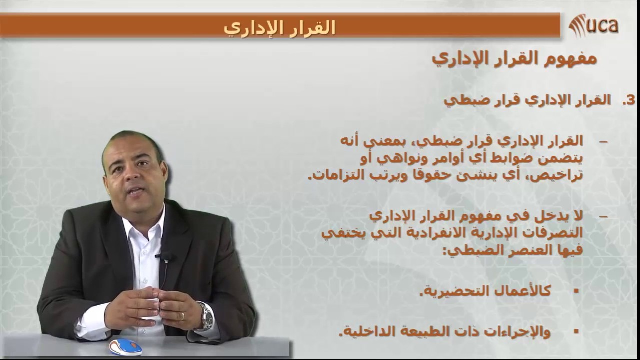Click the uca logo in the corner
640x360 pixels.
594,25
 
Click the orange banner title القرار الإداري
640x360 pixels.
279,27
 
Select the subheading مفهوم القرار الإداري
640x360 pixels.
514,59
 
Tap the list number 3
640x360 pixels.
628,100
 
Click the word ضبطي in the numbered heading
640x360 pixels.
457,100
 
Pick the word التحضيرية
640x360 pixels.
450,291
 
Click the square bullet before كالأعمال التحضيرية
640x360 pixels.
576,290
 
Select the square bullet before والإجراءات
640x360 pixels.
576,330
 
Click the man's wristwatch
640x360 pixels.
205,316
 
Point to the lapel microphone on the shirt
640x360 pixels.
165,257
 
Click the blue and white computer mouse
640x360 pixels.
125,346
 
